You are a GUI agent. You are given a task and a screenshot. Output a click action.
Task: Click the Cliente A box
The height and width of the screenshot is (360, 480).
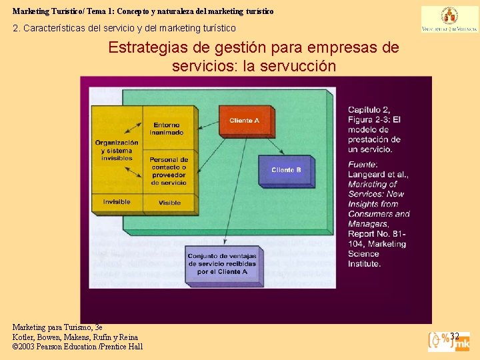tap(244, 121)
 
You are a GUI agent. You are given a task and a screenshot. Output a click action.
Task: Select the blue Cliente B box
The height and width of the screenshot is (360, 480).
tap(286, 170)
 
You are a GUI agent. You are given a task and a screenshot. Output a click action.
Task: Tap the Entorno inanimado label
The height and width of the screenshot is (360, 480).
tap(166, 129)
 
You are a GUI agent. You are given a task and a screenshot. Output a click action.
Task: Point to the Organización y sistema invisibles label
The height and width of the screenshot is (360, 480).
tap(117, 151)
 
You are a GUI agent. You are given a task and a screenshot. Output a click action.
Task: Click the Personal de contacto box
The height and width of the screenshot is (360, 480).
tap(169, 171)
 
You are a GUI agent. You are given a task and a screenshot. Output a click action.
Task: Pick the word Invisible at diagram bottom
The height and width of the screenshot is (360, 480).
tap(117, 202)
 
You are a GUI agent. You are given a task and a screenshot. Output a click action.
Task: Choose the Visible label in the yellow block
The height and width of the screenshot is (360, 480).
tap(169, 203)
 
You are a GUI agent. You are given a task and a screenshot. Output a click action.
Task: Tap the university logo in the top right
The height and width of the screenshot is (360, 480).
tap(449, 19)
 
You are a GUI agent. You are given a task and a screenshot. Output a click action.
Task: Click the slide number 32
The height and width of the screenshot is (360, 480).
tap(455, 336)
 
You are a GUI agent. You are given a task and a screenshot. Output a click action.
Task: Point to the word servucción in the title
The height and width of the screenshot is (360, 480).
tap(299, 67)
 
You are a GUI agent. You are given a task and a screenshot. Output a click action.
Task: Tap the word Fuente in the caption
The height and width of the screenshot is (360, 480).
tap(362, 165)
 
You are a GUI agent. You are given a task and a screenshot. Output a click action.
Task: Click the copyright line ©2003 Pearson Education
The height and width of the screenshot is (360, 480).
tap(77, 347)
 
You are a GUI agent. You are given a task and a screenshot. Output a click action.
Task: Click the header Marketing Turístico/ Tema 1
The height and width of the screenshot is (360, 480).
tap(143, 11)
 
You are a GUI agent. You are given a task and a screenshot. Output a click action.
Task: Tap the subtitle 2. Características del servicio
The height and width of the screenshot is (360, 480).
tap(124, 28)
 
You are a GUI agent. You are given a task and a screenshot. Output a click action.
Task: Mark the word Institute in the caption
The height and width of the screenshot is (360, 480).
tap(364, 263)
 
